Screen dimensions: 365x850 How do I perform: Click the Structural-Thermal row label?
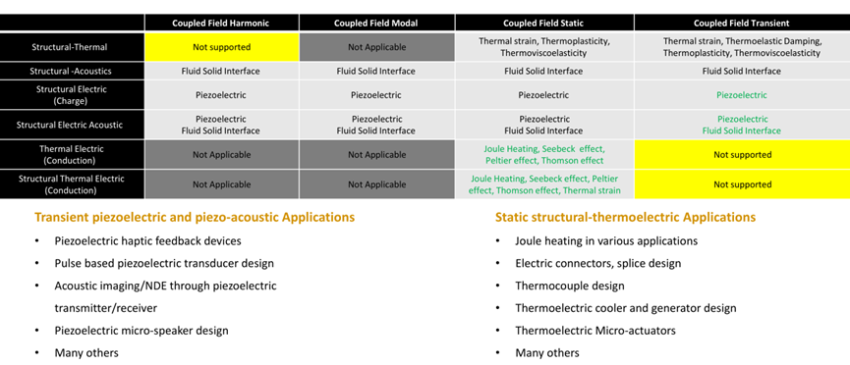(73, 46)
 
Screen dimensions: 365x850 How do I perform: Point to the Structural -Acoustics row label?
(73, 71)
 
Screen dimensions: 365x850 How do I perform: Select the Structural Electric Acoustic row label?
(73, 125)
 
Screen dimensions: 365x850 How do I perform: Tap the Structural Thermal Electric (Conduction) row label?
(73, 183)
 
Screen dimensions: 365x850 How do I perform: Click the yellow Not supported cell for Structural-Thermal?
(221, 46)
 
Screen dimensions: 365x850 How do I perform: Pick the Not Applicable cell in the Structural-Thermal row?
(377, 46)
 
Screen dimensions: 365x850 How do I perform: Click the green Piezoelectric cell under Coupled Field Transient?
(741, 95)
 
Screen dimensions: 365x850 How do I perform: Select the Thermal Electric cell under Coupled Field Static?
(543, 154)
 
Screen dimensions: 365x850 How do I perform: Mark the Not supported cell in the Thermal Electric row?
(741, 154)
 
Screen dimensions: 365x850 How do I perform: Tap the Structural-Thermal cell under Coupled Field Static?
(543, 46)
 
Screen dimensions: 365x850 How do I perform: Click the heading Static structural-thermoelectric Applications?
(625, 217)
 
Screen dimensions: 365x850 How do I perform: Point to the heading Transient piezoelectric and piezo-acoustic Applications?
(195, 217)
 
